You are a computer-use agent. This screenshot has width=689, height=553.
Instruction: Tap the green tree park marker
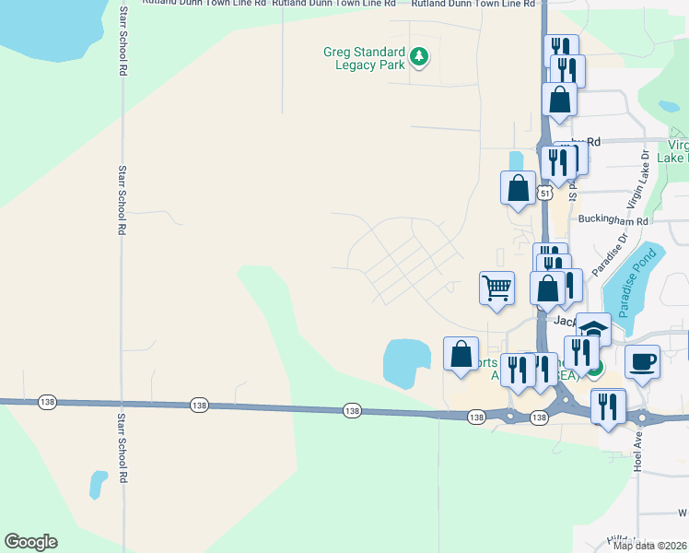pyautogui.click(x=420, y=57)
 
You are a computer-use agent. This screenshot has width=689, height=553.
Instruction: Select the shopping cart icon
pyautogui.click(x=496, y=287)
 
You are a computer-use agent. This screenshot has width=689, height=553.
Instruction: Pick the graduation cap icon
pyautogui.click(x=594, y=329)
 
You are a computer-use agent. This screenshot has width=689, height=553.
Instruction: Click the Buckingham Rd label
pyautogui.click(x=613, y=220)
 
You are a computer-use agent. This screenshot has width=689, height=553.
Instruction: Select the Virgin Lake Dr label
pyautogui.click(x=635, y=180)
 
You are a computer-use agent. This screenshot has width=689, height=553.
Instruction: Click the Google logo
pyautogui.click(x=30, y=542)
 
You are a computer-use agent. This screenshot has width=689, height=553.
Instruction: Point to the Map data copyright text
pyautogui.click(x=650, y=546)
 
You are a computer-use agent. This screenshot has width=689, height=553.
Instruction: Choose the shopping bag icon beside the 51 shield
pyautogui.click(x=518, y=187)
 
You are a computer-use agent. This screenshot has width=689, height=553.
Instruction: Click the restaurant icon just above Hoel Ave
pyautogui.click(x=608, y=405)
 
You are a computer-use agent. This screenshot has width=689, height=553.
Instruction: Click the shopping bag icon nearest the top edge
pyautogui.click(x=559, y=99)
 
